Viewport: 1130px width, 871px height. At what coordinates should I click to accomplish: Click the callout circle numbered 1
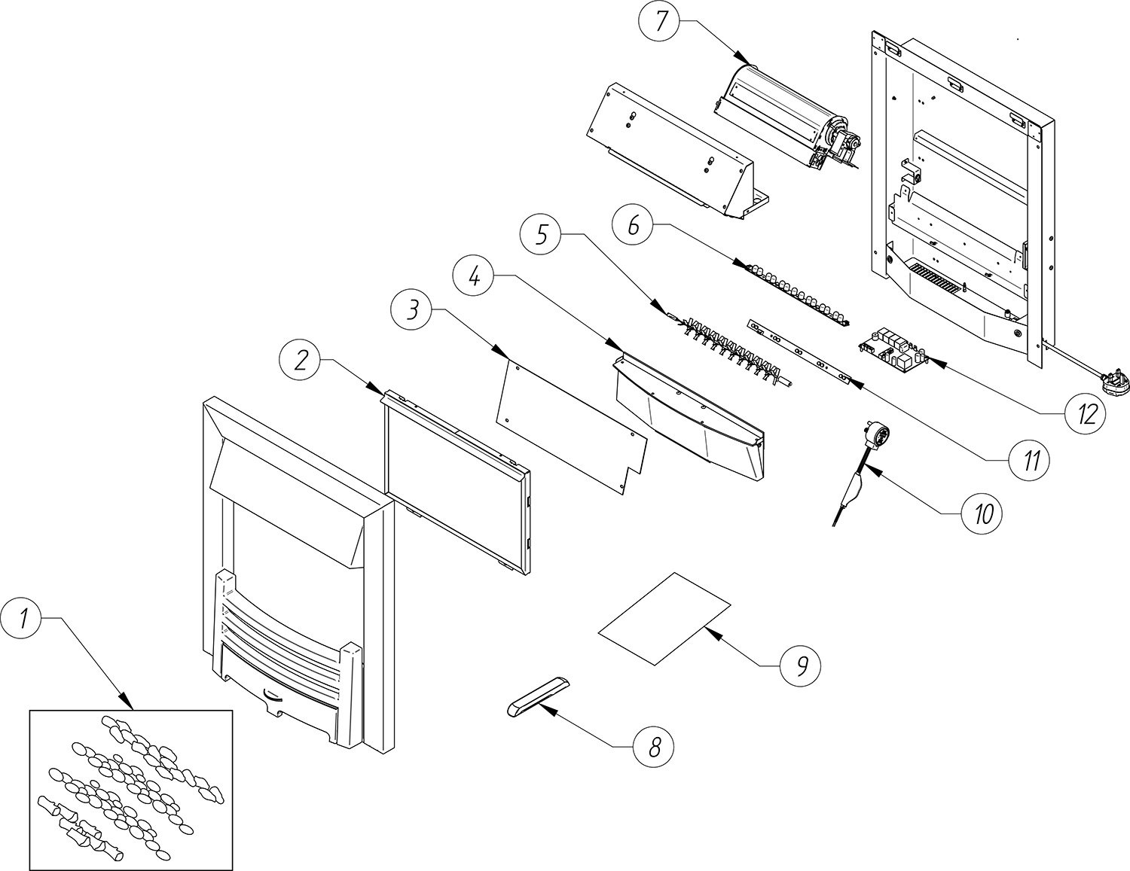pos(22,619)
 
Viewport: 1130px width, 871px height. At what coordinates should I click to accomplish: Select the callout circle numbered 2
pos(301,360)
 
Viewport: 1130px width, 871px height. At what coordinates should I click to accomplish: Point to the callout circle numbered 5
pos(542,234)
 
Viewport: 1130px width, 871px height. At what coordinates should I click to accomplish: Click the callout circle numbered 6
pos(633,224)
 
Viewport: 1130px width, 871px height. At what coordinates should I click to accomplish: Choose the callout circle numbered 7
pos(661,21)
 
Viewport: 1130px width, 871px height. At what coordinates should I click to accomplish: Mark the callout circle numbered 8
pos(654,748)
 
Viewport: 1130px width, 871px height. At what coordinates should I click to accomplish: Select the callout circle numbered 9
pos(802,665)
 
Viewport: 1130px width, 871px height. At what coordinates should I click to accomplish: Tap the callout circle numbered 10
pos(982,513)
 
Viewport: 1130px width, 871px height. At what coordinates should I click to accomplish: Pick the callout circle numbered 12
pos(1086,413)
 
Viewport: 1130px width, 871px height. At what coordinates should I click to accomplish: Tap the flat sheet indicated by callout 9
pos(664,618)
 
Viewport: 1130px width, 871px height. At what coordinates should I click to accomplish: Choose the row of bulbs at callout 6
pos(794,295)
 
